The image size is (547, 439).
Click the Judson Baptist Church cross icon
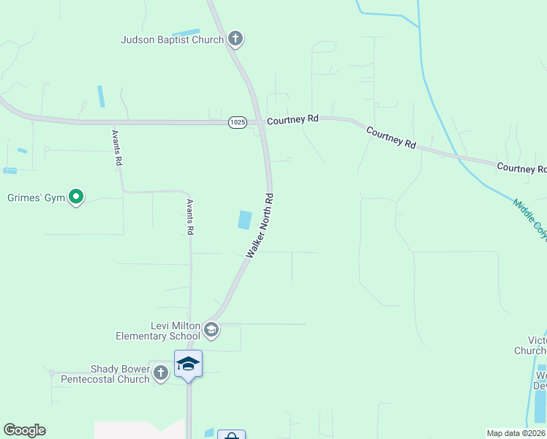pos(235,38)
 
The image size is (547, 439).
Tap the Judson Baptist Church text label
pos(172,40)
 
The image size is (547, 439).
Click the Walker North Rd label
pos(260,225)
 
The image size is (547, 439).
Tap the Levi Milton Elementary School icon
pos(211,330)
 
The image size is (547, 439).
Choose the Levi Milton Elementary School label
pos(158,331)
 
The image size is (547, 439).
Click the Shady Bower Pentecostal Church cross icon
pos(162,373)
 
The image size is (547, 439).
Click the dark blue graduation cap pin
pos(188,364)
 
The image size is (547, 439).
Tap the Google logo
pos(24,430)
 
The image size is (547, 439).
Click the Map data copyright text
pos(516,433)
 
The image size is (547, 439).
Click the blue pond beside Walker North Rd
pos(245,219)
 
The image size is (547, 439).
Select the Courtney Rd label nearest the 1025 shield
pos(293,119)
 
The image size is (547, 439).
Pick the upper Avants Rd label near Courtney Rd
pos(116,149)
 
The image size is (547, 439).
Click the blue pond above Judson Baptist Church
pos(186,32)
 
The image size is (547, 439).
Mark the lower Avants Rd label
pos(189,217)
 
